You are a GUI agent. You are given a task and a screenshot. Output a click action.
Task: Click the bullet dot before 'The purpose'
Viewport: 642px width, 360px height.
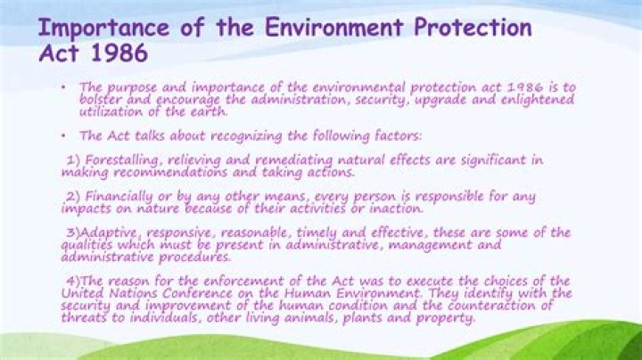64,87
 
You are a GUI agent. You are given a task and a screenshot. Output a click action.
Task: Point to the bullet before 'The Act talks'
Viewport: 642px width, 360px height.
64,136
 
